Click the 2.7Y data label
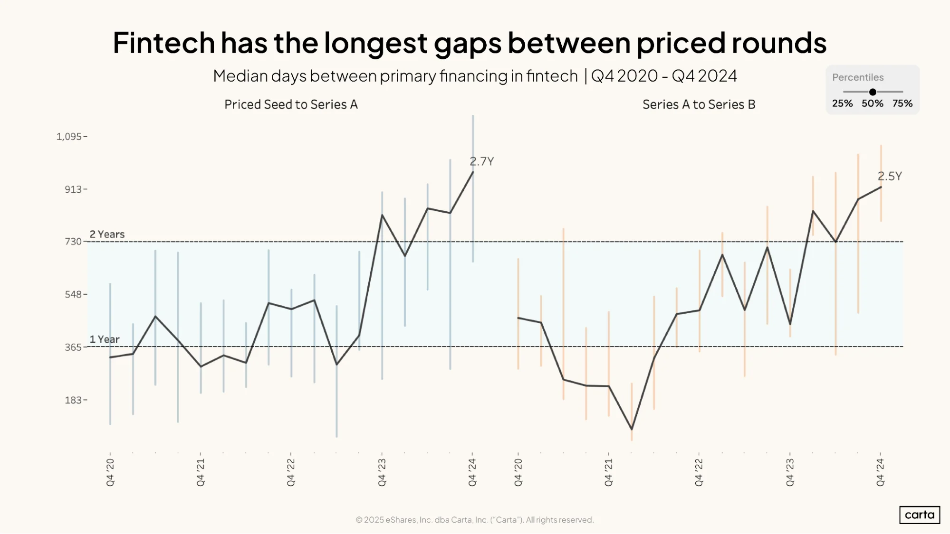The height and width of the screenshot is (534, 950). [481, 161]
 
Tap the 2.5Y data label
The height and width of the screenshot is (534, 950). [889, 176]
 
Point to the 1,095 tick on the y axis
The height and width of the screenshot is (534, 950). [69, 137]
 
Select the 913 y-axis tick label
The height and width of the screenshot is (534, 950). [73, 189]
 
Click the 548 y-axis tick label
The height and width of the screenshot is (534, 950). [73, 294]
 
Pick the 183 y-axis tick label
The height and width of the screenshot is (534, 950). [73, 400]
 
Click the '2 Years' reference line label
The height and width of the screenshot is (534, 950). [107, 234]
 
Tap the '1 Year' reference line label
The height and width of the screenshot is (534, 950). [105, 339]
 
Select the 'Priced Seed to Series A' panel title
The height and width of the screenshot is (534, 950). [291, 104]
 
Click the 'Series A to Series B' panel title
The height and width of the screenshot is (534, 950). [699, 104]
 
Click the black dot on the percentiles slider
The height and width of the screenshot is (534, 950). [873, 92]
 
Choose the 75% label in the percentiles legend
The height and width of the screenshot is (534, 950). [902, 103]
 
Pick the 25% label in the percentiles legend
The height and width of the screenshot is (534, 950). [842, 103]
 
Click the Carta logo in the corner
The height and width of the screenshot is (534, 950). [920, 515]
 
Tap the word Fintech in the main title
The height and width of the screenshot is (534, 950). [164, 43]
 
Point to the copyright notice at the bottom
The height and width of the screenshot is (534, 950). [475, 520]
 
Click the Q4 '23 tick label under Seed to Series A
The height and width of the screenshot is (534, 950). [382, 472]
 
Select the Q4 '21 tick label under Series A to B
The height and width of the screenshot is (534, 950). [608, 472]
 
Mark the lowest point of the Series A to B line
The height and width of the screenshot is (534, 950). [632, 429]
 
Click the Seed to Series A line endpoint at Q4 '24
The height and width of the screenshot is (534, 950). [473, 172]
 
